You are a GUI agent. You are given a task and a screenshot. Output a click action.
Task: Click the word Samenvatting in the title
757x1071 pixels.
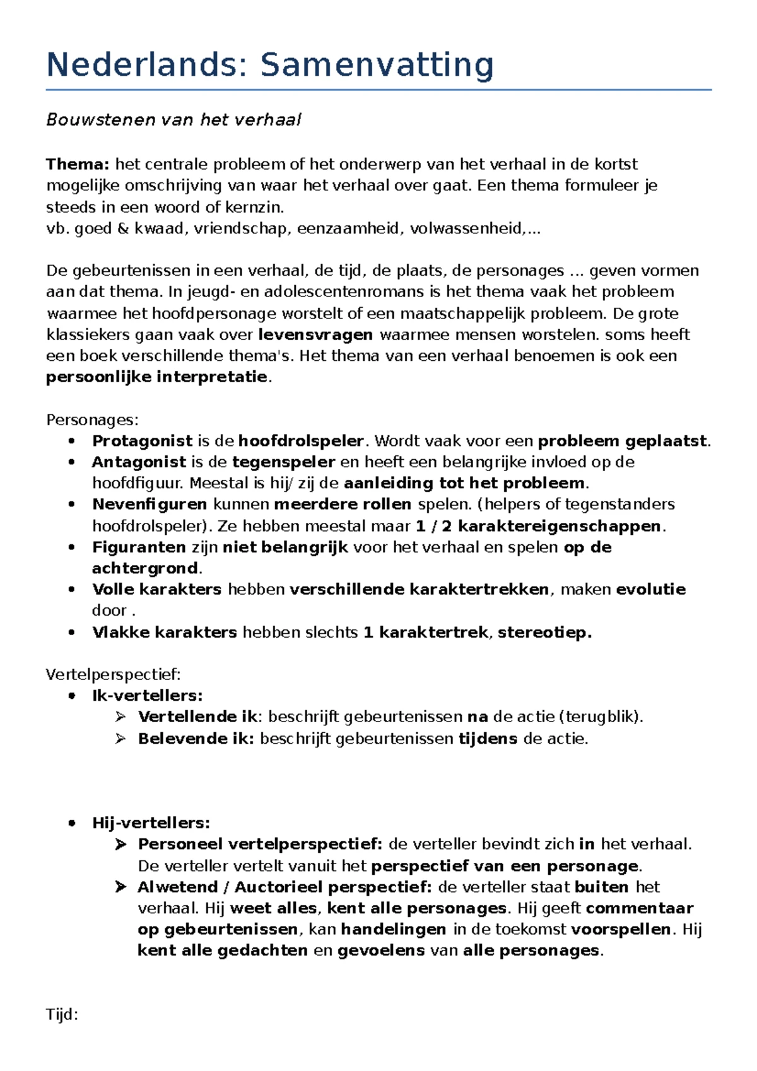click(377, 65)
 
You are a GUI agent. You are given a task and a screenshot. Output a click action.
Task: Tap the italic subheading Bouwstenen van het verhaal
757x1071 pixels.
click(173, 120)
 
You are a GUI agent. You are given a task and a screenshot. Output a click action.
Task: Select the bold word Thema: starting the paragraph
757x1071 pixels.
click(78, 165)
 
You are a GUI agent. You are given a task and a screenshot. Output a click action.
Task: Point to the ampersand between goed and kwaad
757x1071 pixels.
click(122, 228)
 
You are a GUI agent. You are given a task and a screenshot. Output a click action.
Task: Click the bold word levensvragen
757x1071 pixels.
click(315, 334)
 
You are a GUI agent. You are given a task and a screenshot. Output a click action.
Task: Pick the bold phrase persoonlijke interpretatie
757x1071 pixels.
click(157, 377)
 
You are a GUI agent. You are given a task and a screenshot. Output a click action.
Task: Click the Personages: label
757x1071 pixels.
click(92, 420)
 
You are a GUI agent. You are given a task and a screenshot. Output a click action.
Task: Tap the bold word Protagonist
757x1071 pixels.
click(142, 441)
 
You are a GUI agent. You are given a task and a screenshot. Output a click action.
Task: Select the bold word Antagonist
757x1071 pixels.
click(139, 462)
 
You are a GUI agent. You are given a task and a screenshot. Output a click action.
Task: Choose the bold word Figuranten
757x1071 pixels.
click(139, 547)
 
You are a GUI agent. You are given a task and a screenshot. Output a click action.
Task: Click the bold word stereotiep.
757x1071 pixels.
click(544, 632)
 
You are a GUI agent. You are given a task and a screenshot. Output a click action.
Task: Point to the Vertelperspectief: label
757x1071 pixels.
click(114, 675)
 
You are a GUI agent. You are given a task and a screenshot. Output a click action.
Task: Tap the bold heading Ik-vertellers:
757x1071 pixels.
click(147, 696)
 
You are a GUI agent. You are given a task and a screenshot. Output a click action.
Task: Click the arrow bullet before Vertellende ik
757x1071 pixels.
click(120, 717)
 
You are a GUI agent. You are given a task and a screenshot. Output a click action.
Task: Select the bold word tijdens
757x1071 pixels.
click(488, 739)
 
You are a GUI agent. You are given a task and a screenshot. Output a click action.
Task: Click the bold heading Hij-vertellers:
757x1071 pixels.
click(151, 823)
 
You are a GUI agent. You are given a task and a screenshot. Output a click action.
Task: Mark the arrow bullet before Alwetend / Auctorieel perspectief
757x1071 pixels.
click(120, 887)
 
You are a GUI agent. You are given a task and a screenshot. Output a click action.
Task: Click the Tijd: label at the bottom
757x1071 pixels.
click(62, 1015)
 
